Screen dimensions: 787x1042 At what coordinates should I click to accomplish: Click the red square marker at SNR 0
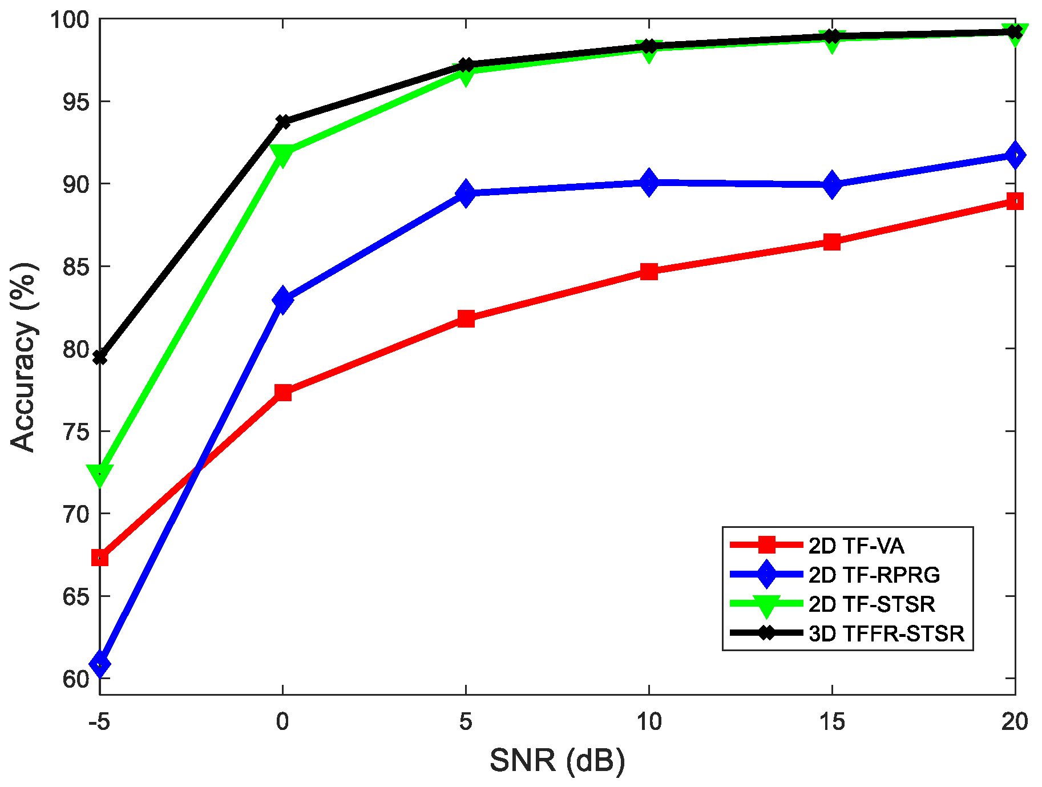(x=283, y=393)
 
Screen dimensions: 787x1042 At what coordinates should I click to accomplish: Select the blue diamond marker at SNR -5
(x=100, y=664)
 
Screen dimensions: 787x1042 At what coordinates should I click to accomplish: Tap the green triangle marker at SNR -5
(x=100, y=474)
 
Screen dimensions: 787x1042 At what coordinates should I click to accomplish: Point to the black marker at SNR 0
(x=283, y=122)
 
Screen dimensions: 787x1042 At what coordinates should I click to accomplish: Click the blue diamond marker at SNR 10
(x=649, y=183)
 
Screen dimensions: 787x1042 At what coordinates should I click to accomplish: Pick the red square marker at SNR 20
(x=1015, y=201)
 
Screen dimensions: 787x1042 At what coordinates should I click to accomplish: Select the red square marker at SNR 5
(x=466, y=318)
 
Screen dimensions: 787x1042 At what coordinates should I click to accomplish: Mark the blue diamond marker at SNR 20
(x=1015, y=155)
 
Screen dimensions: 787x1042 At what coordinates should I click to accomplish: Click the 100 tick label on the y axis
(x=70, y=21)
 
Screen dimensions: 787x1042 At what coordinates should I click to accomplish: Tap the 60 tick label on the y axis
(x=76, y=679)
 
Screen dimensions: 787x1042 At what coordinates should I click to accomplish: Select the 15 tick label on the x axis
(x=831, y=722)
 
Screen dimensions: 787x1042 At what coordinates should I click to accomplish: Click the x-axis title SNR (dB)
(x=557, y=761)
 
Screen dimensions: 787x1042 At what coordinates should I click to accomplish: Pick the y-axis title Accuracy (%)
(x=24, y=357)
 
